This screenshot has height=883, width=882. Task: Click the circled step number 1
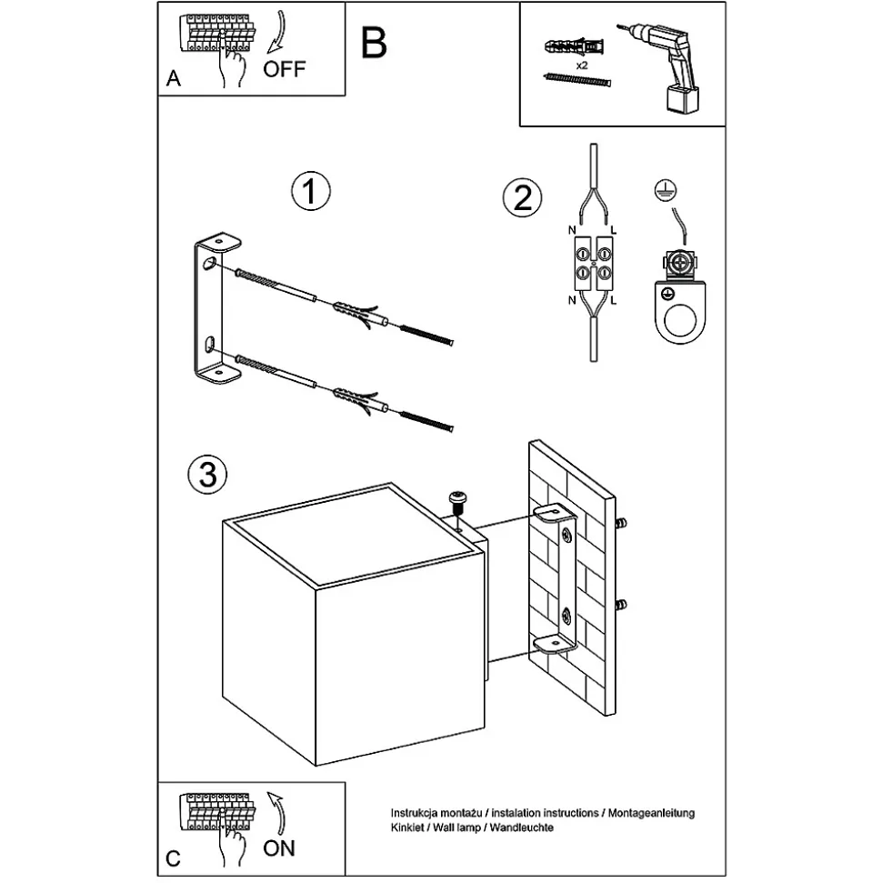click(x=310, y=193)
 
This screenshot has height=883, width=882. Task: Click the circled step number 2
click(x=521, y=197)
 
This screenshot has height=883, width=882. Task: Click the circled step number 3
click(x=206, y=474)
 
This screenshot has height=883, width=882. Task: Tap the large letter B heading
click(x=373, y=43)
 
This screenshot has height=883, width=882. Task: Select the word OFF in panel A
click(x=285, y=69)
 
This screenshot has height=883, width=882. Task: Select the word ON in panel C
click(x=279, y=848)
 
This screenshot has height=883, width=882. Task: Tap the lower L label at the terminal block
click(x=615, y=299)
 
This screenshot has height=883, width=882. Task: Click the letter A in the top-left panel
click(x=174, y=79)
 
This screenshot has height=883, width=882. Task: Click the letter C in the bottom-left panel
click(x=174, y=857)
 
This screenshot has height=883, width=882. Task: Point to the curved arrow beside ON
click(x=276, y=811)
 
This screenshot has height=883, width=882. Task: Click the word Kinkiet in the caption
click(x=406, y=828)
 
